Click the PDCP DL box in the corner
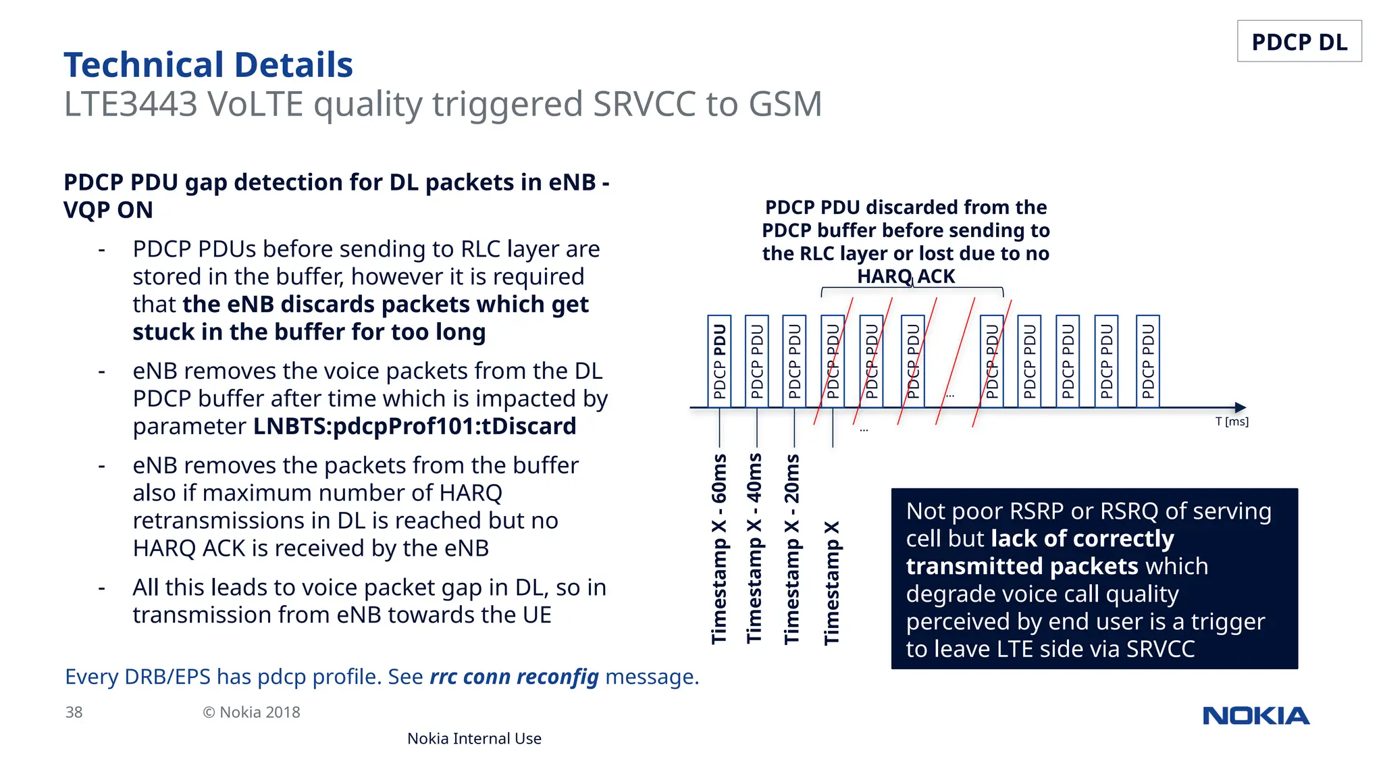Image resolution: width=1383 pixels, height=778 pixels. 1299,42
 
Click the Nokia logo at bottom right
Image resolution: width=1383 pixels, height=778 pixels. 1255,716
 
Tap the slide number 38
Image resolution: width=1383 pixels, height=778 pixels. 74,712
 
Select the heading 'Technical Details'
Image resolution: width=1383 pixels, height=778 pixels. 208,65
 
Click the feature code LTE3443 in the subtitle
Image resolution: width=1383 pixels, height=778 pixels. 130,105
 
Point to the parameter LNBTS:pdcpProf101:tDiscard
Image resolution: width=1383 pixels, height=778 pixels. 415,427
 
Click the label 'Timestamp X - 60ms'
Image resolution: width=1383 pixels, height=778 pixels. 720,548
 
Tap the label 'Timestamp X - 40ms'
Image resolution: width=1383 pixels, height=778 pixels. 755,548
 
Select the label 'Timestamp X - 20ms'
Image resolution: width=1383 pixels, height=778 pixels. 792,548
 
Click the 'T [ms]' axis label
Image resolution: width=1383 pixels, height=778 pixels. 1232,422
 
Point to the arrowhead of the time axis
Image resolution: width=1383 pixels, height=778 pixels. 1241,407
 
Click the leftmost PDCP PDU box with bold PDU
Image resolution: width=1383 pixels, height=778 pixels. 720,361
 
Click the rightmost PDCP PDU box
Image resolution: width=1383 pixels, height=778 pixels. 1148,361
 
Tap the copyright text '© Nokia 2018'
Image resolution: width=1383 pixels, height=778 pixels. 251,712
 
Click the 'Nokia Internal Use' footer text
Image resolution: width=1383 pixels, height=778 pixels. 474,739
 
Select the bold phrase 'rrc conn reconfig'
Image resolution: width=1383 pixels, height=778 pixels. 514,677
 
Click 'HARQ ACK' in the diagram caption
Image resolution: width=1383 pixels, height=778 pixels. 906,277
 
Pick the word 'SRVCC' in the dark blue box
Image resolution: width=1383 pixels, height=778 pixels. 1160,649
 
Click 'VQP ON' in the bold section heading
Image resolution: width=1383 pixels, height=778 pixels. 108,210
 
